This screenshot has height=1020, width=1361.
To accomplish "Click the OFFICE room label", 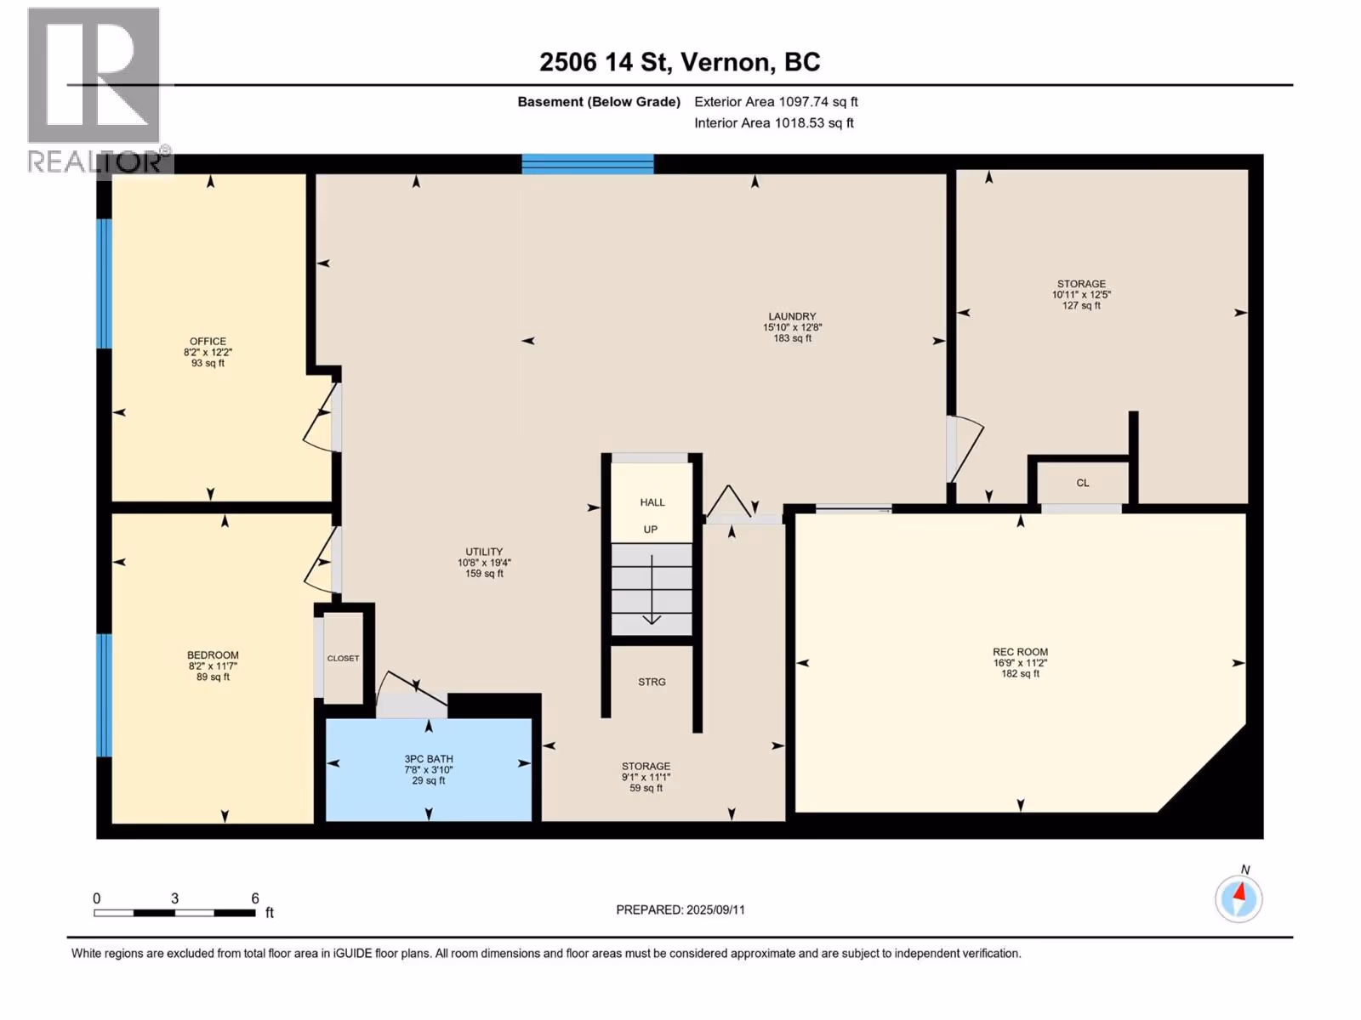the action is point(208,341).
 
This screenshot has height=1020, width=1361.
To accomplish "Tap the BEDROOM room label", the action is point(213,655).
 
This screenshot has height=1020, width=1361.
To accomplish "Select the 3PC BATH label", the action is point(429,759).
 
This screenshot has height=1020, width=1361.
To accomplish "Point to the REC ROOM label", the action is point(1020,651).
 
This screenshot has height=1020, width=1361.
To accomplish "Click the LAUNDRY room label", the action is point(792,316).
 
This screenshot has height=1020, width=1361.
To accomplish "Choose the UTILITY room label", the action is point(484,552).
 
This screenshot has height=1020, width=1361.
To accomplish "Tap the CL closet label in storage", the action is point(1083,483).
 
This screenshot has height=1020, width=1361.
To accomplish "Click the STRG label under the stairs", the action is point(652,682).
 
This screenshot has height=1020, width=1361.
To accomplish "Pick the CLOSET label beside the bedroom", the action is point(343,658).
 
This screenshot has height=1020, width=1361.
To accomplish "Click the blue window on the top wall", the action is point(587,164).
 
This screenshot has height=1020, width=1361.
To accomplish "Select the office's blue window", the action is point(104,284).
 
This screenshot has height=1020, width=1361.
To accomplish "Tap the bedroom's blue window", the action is point(104,694).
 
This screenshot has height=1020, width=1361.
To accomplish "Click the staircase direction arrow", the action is point(652,590).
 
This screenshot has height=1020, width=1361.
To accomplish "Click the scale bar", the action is point(174,913).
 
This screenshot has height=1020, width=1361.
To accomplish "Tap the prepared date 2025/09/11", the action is point(715,909).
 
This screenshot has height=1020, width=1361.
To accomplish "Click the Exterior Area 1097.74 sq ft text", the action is point(776,101).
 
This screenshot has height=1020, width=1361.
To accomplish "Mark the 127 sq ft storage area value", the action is point(1081,305).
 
